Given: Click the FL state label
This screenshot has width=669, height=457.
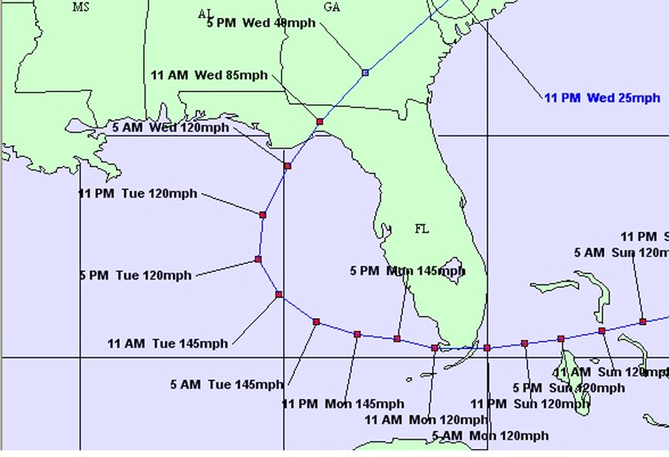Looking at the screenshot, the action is pos(422,229).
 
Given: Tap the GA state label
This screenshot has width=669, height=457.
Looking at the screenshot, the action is pos(332,7).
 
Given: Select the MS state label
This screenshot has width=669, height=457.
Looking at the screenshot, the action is pos(81,7).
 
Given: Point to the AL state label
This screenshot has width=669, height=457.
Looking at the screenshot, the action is pos(206,14).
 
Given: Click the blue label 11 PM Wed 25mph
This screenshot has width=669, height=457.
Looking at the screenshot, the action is pos(602,98).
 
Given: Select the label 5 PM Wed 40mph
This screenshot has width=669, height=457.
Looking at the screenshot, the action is pos(261,23).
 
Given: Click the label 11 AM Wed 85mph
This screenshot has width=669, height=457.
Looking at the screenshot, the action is pos(209,76).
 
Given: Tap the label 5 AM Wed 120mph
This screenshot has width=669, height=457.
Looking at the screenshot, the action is pos(170,128).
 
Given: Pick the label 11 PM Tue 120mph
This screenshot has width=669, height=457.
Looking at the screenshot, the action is pos(138,193).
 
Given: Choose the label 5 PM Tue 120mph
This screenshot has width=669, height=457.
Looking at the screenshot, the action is pos(135,275).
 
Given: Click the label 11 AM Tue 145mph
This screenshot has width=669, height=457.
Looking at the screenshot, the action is pos(168,344).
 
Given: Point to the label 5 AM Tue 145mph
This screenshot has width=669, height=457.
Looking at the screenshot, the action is pos(227,385).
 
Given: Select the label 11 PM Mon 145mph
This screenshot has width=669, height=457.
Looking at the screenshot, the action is pos(343,404).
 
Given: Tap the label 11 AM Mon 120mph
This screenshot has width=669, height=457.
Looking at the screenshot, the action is pos(425,420).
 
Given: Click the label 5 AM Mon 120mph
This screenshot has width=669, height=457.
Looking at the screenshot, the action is pos(490,435).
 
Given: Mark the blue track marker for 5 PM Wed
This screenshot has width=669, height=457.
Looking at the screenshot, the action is pos(365,73).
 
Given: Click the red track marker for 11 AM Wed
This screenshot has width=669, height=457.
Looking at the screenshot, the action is pos(319,121).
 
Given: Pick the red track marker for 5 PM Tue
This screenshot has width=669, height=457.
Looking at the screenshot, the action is pos(258,259).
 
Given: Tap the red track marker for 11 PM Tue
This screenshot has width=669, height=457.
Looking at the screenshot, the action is pos(263,214).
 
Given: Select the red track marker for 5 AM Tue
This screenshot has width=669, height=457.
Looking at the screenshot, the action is pos(316,321).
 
